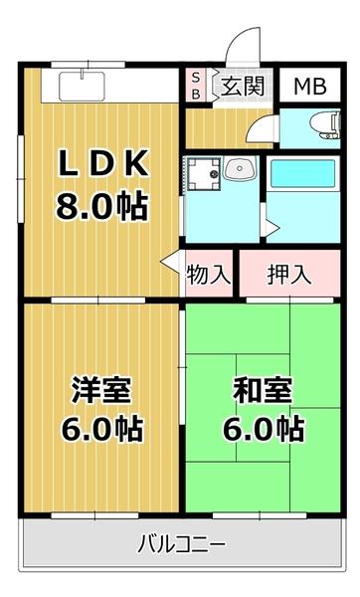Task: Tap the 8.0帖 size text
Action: pos(99,207)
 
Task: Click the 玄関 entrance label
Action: pos(242,86)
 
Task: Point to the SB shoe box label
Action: pos(196,86)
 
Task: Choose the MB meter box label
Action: pos(310,86)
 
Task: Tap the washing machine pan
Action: pos(204,173)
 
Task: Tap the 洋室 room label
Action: pos(99,390)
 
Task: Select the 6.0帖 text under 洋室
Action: pos(99,431)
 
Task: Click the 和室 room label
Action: pos(262,390)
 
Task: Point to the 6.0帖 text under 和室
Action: pos(262,431)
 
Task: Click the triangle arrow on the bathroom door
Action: pos(272,228)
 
